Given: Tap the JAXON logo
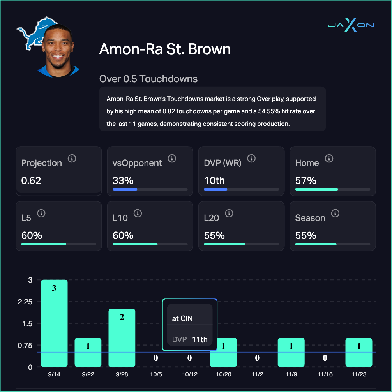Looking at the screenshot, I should point(351,25).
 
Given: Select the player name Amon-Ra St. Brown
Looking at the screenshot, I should point(165,49).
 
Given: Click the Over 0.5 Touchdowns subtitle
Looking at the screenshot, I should point(148,79).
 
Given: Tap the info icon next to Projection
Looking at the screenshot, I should point(72,159).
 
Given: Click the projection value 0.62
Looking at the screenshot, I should point(31,181).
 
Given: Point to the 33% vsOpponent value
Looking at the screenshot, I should point(123,181).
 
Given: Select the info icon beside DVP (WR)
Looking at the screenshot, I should point(251,159).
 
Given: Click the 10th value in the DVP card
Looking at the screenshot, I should point(214,181).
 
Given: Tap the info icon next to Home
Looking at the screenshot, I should point(329,159).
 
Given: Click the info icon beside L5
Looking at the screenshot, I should point(41,214).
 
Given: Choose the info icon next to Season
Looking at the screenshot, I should point(335,214).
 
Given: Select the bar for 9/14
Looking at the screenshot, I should point(54,323).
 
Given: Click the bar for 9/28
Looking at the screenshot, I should point(122,338).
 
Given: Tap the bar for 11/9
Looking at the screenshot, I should point(291,352).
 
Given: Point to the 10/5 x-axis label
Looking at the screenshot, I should point(155,374).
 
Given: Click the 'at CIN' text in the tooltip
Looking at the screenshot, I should point(182,318).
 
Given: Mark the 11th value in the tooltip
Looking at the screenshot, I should point(200,339).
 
